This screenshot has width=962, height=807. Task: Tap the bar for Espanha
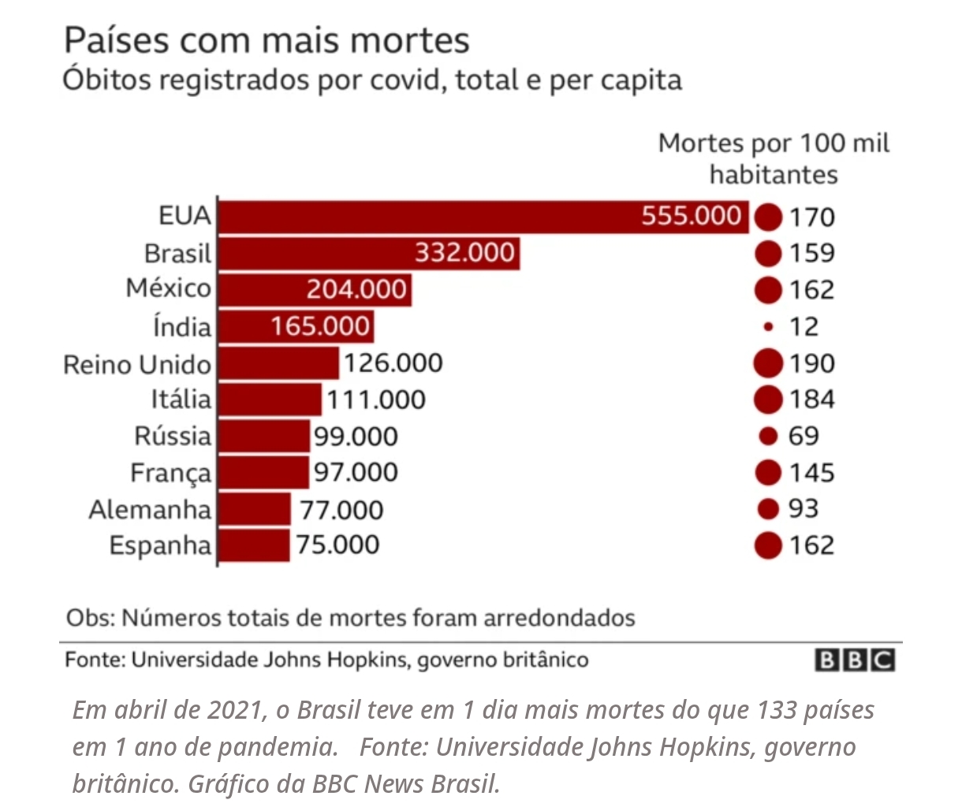point(254,545)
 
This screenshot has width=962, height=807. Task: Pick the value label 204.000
point(356,290)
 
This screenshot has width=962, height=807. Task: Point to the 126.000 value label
point(393,363)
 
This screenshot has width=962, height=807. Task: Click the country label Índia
point(182,327)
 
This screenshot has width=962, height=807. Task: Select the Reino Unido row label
point(137,365)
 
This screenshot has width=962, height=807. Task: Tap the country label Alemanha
point(150,510)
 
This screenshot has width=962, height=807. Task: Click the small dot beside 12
point(767,326)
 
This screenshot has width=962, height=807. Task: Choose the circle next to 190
point(767,363)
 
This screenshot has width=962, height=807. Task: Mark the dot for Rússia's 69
point(767,436)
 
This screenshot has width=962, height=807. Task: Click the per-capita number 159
point(811,253)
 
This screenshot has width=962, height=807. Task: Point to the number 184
point(811,400)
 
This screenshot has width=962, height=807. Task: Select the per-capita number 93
point(804,509)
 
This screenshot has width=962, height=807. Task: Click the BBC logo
point(855,660)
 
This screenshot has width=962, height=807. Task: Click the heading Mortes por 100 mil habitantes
point(774,158)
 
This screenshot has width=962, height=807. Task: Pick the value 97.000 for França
point(356,473)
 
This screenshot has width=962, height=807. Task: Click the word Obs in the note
point(88,618)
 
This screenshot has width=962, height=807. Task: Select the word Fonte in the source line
point(93,660)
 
